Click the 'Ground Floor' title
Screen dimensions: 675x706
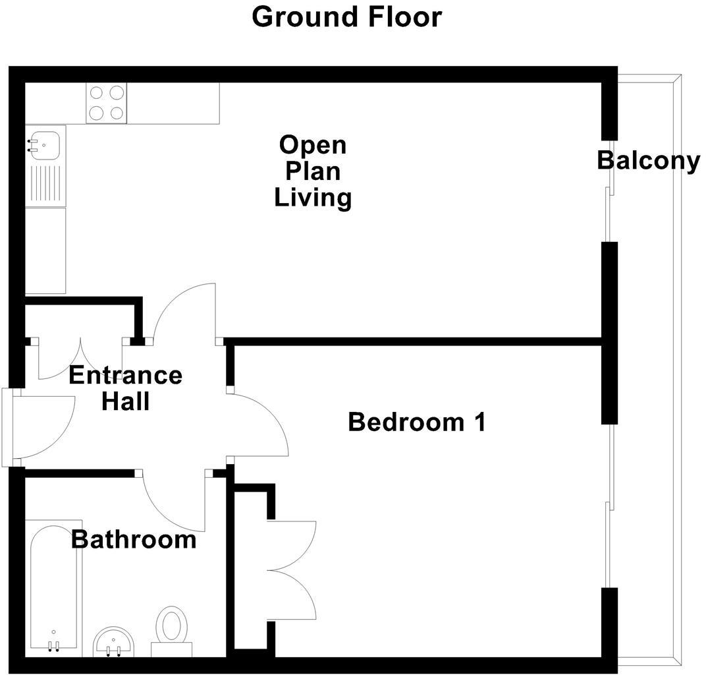point(346,16)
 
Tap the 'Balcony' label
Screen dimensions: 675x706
point(648,160)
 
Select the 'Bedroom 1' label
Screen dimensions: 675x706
point(416,422)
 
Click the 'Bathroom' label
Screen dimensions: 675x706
point(134,540)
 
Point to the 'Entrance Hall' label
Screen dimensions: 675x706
point(125,388)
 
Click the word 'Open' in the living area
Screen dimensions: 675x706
point(312,144)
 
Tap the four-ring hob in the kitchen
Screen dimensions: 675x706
point(106,103)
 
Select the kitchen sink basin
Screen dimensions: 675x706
point(45,142)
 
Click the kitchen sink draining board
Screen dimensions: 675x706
point(45,184)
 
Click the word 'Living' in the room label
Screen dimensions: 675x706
point(312,198)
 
